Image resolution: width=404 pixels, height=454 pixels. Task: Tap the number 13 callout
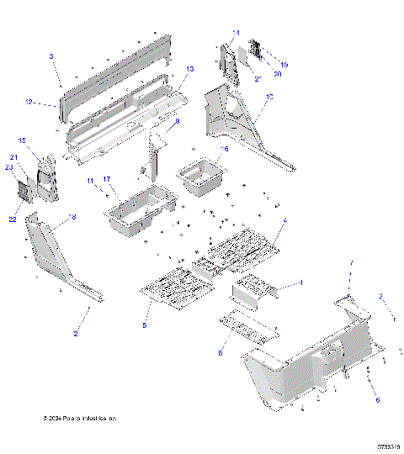click(190, 69)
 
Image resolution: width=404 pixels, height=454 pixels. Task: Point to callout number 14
click(236, 33)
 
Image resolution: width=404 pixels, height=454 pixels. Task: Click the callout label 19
click(284, 64)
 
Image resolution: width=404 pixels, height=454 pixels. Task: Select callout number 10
click(269, 98)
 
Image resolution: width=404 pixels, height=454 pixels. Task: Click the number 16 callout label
click(224, 148)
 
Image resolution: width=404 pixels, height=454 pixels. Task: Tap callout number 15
click(23, 140)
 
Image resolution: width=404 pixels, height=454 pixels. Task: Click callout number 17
click(107, 179)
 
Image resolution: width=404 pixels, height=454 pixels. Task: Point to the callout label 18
click(72, 217)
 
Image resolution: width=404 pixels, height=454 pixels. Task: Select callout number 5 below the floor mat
click(144, 325)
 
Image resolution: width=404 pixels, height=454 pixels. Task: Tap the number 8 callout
click(221, 354)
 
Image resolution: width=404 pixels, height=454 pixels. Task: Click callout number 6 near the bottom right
click(377, 400)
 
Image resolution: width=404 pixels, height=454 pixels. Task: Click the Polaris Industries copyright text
click(79, 418)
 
